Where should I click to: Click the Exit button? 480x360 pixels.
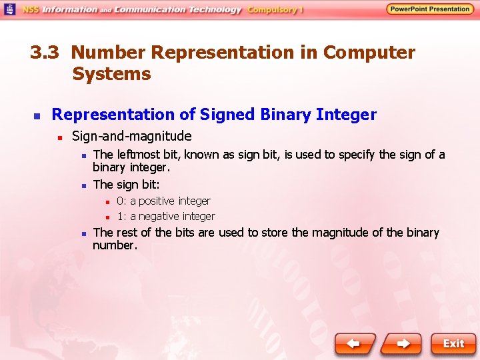pyautogui.click(x=453, y=344)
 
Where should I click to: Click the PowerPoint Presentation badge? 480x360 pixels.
pyautogui.click(x=430, y=9)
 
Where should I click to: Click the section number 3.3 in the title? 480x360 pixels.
pyautogui.click(x=45, y=53)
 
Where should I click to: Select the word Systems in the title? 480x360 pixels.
pyautogui.click(x=111, y=74)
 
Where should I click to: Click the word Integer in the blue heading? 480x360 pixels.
pyautogui.click(x=346, y=115)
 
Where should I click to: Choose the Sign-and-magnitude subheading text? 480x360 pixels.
pyautogui.click(x=131, y=137)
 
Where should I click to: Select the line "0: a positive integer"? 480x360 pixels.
pyautogui.click(x=163, y=201)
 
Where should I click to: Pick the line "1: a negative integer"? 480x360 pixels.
pyautogui.click(x=166, y=216)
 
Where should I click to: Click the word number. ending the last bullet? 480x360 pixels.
pyautogui.click(x=115, y=245)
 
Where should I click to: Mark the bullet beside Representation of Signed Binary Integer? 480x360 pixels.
pyautogui.click(x=37, y=116)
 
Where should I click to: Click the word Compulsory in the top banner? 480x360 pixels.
pyautogui.click(x=273, y=10)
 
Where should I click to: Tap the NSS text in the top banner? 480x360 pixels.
pyautogui.click(x=30, y=10)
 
